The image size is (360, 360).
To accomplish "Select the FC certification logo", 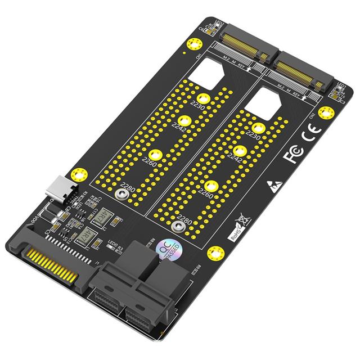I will [x=294, y=154].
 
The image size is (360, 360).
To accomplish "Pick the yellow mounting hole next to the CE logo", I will [x=325, y=112].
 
